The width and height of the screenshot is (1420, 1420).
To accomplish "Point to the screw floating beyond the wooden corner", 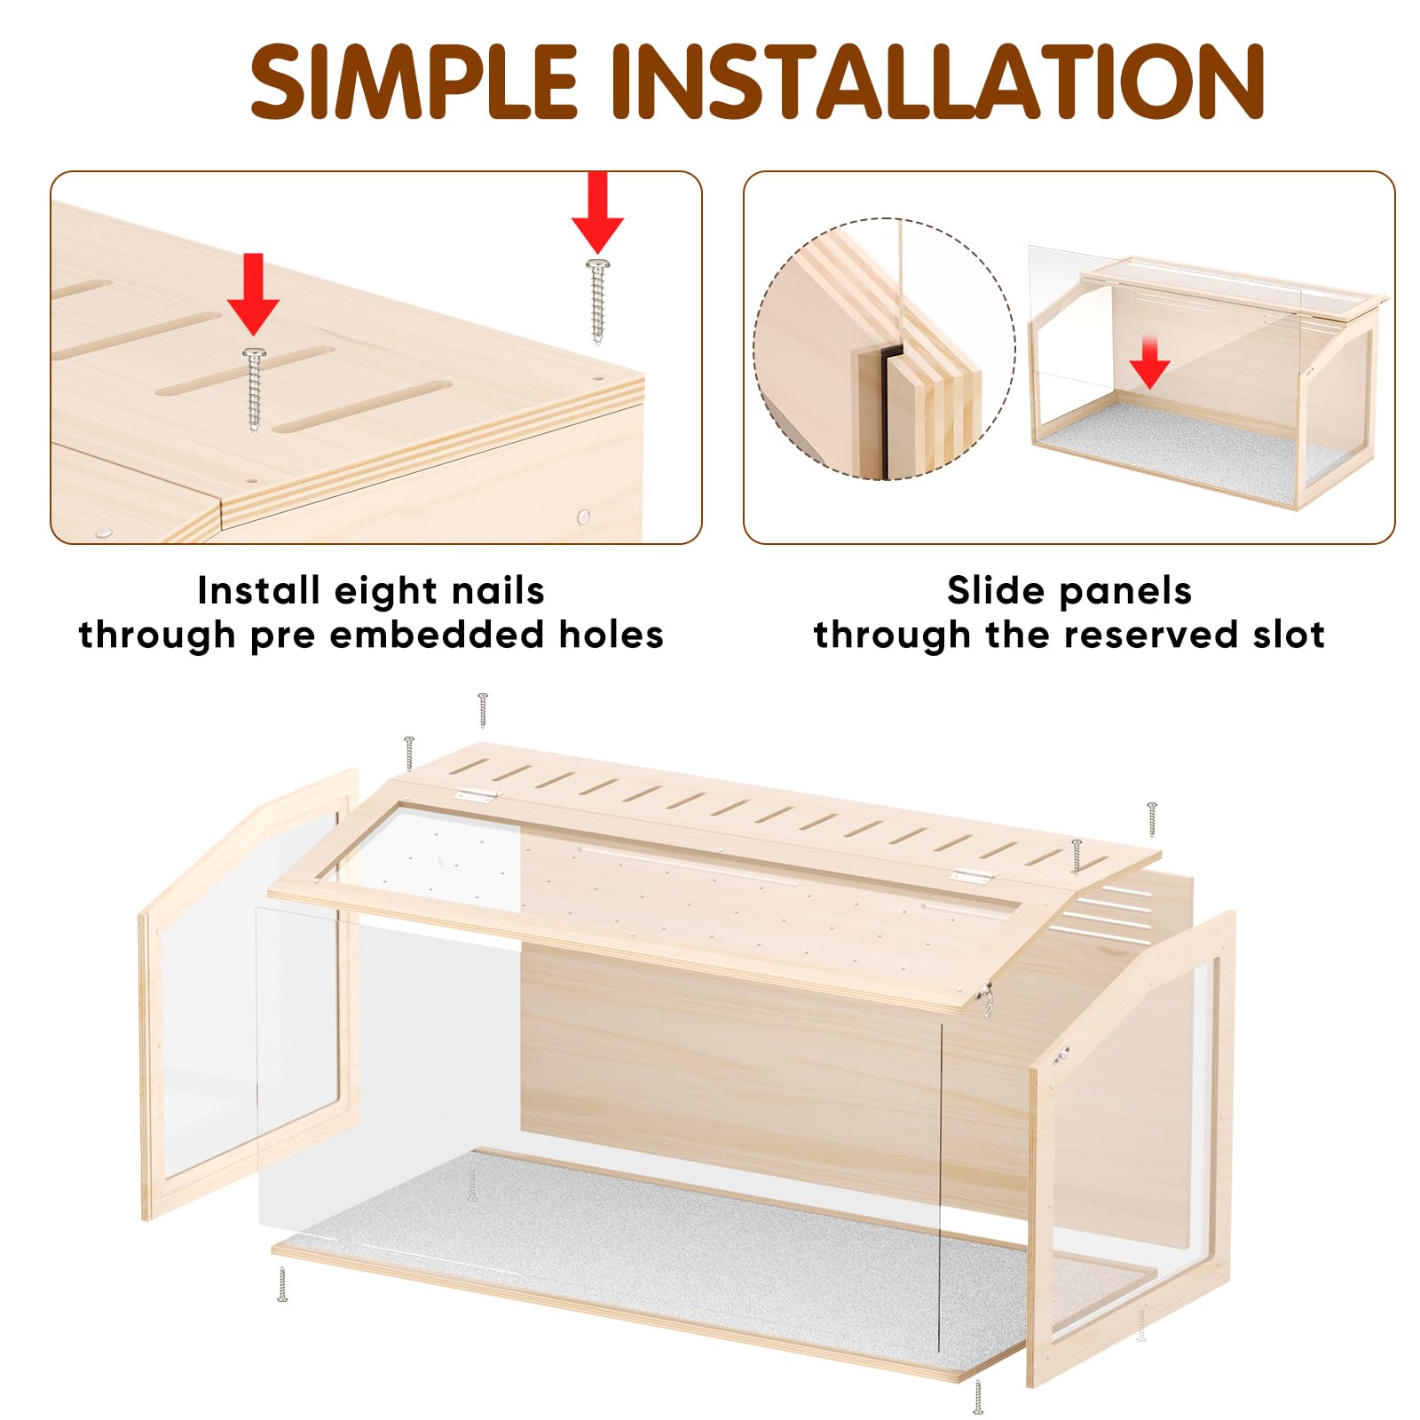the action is pos(598,301).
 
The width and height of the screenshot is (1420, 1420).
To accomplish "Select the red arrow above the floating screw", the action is pos(597,213).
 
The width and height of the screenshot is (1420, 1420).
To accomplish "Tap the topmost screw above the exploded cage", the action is pos(483,711).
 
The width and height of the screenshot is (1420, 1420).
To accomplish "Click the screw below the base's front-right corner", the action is pos(978,1396).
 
